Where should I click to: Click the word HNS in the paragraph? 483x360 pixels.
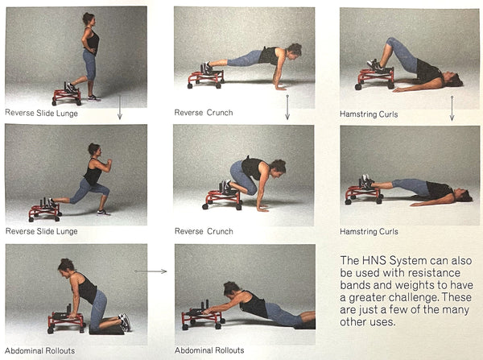(x=374, y=260)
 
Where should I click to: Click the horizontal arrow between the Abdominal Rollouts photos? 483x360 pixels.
(x=151, y=271)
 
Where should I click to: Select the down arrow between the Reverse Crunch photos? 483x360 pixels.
(x=287, y=107)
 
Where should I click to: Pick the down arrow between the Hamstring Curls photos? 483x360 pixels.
(x=452, y=108)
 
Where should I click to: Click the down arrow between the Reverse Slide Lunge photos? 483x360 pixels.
(x=120, y=107)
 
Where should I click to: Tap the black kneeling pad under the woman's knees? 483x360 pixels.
(x=106, y=329)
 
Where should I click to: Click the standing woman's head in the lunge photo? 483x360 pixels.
(x=89, y=19)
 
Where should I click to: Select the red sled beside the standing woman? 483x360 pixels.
(x=67, y=95)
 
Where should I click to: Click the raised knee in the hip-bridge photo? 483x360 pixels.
(x=390, y=41)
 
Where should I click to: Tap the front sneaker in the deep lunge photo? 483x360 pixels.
(x=104, y=213)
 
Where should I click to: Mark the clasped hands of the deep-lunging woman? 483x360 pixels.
(x=109, y=163)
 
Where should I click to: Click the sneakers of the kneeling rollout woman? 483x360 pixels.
(x=125, y=322)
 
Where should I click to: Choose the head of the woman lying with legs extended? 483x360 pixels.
(x=464, y=196)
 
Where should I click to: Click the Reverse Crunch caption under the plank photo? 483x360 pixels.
(x=204, y=113)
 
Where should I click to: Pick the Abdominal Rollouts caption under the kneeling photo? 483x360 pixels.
(x=40, y=351)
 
